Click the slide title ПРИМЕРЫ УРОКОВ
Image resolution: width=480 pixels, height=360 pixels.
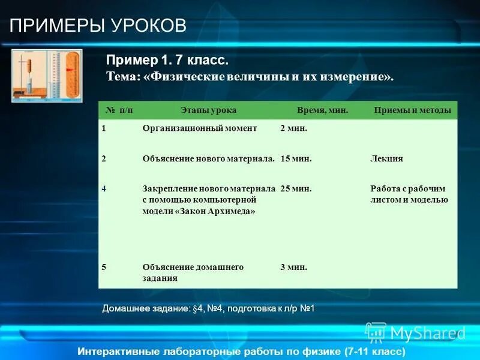tap(98, 26)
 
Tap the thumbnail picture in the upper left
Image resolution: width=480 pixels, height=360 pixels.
tap(47, 75)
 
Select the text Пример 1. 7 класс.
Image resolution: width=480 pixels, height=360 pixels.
tap(167, 61)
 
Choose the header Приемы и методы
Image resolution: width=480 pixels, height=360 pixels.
tap(412, 110)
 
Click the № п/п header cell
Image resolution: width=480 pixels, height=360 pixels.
tap(119, 110)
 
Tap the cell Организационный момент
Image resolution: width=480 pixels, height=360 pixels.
tap(200, 128)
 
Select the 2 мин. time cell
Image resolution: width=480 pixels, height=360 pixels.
tap(294, 128)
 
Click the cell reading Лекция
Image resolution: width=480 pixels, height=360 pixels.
tap(386, 159)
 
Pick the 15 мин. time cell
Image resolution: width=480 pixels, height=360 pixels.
tap(296, 159)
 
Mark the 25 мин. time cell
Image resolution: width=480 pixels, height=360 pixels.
tap(296, 188)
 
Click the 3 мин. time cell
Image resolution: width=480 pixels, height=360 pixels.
tap(294, 267)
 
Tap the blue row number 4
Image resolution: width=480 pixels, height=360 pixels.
tap(104, 188)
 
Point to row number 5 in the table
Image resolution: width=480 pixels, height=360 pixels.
tap(104, 267)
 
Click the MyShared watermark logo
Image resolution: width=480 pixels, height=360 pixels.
tap(415, 332)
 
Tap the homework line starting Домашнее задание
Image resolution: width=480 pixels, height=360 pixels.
tap(209, 308)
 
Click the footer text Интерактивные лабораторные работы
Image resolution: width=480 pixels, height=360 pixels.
tap(242, 351)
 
